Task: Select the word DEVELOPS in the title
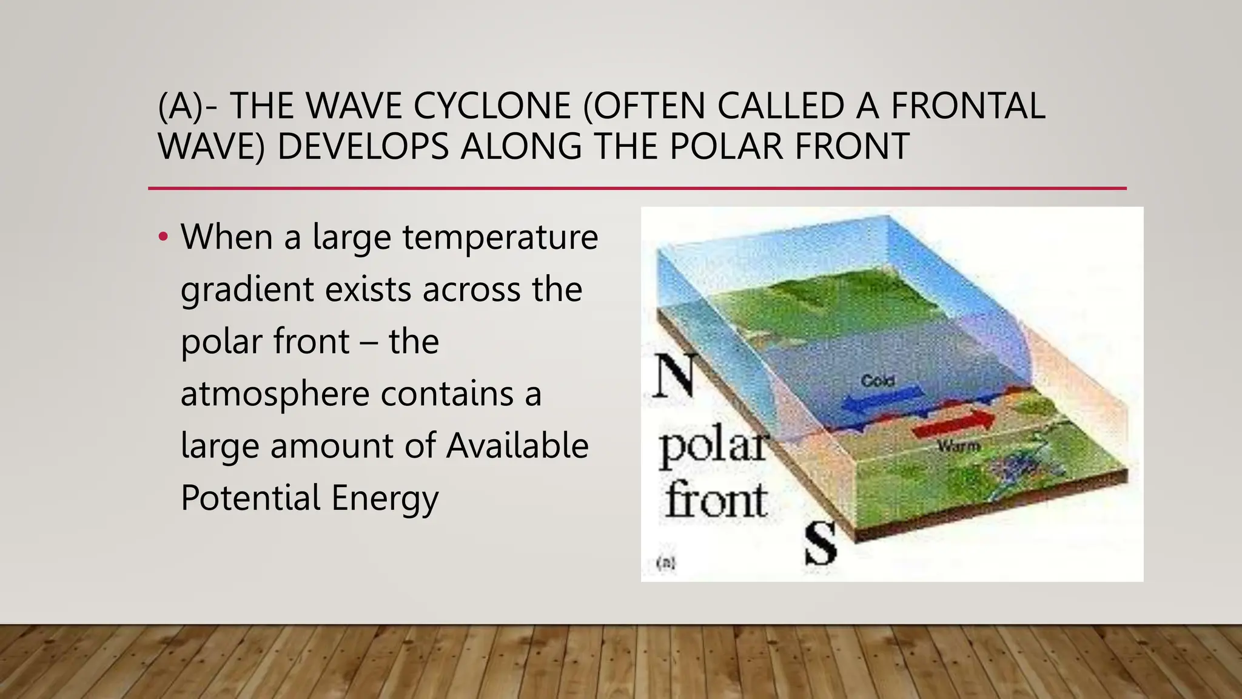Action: [x=362, y=147]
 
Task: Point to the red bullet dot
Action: [x=163, y=237]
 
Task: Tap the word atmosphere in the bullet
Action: [x=275, y=394]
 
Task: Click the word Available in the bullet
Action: [x=517, y=446]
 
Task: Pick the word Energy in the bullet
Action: [x=384, y=498]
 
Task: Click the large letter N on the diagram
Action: [x=674, y=376]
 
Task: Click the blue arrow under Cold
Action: [x=882, y=401]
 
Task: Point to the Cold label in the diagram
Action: [x=878, y=381]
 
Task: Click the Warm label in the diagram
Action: [x=958, y=446]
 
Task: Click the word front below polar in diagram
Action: [x=716, y=499]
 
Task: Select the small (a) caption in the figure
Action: [x=666, y=563]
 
